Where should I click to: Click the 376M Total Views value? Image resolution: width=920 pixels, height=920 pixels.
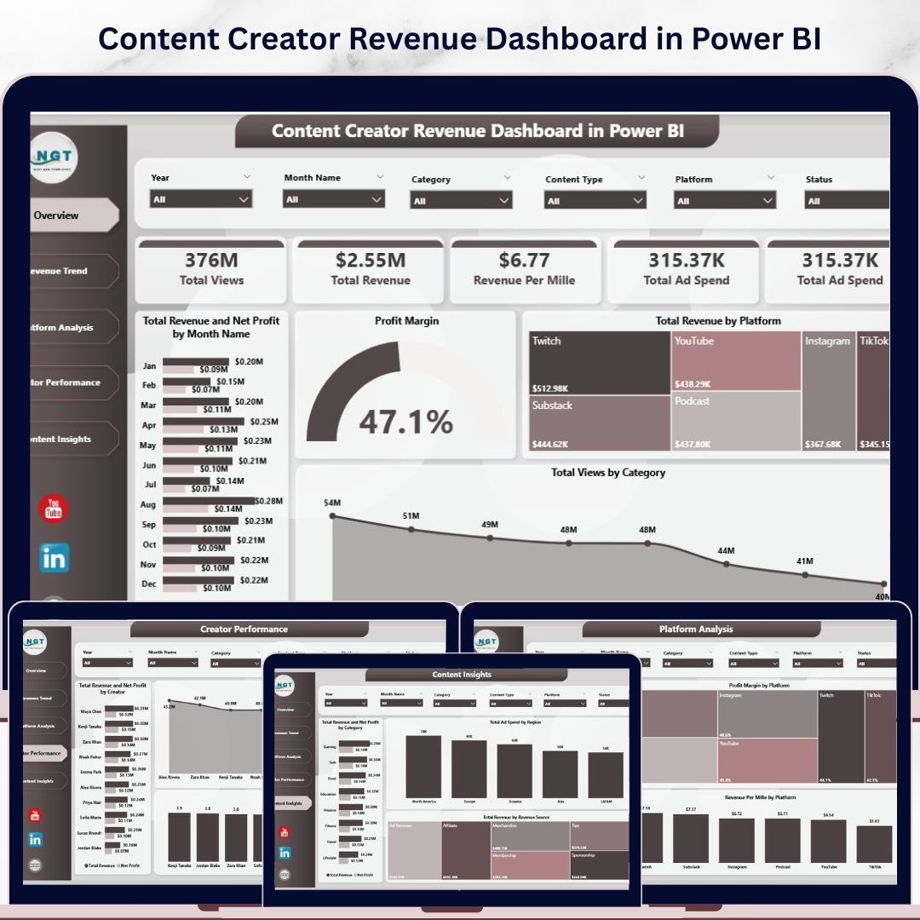click(211, 260)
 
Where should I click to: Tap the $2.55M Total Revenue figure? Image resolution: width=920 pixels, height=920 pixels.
click(370, 260)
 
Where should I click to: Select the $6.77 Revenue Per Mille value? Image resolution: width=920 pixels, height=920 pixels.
click(524, 260)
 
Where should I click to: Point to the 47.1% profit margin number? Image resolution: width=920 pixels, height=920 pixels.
click(405, 422)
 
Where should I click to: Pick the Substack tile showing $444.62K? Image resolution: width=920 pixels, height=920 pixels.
click(598, 422)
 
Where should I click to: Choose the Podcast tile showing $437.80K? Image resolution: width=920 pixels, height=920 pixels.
click(736, 422)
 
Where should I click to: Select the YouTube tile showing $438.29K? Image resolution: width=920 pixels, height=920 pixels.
click(736, 361)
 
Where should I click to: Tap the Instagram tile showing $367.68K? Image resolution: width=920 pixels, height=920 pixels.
click(828, 392)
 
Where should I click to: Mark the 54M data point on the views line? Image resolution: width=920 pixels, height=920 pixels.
click(333, 515)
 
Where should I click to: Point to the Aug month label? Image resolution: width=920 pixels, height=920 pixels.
click(148, 505)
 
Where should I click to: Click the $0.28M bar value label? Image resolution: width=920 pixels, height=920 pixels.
click(269, 501)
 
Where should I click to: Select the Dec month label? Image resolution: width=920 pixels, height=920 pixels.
click(148, 584)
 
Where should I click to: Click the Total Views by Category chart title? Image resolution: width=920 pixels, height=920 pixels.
click(608, 473)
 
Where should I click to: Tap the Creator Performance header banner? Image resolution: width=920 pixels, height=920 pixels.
click(249, 630)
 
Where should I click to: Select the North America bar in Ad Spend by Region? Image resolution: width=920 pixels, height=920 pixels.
click(423, 767)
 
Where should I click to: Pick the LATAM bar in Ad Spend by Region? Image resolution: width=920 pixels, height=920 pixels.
click(606, 775)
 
